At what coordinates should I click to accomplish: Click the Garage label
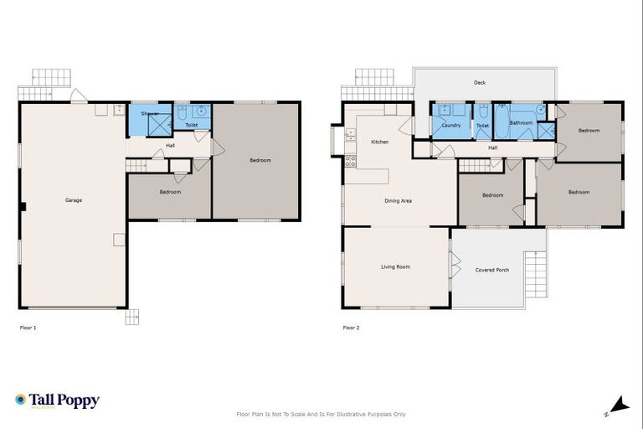[73, 200]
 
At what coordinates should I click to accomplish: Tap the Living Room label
[395, 267]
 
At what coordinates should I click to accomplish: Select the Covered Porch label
[491, 270]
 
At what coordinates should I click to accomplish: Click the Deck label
[480, 83]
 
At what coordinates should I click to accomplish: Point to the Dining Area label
[398, 201]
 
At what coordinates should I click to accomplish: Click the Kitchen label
[379, 142]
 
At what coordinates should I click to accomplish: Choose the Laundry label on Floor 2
[451, 126]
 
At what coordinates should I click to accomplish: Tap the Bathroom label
[522, 123]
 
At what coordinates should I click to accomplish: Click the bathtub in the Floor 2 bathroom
[501, 121]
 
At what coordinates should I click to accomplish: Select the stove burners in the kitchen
[350, 161]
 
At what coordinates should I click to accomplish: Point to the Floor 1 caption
[28, 328]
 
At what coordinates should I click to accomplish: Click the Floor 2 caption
[351, 328]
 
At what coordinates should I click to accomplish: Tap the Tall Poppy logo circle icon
[21, 401]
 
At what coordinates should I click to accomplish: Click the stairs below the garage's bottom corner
[132, 317]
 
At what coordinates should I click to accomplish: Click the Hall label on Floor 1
[170, 146]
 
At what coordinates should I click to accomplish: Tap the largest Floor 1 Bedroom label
[260, 160]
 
